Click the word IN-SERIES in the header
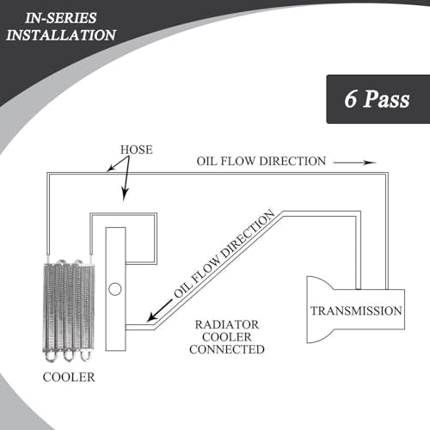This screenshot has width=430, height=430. [61, 18]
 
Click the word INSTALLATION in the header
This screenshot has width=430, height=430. [61, 35]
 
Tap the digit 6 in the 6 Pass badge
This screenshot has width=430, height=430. [350, 99]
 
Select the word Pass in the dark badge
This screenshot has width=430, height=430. [386, 99]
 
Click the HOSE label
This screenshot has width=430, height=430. [137, 150]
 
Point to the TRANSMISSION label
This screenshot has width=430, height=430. [356, 310]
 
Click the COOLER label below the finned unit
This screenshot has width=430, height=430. [69, 377]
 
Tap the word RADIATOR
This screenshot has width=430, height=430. [227, 325]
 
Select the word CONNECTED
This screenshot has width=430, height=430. [227, 349]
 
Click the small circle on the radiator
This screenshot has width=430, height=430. [115, 289]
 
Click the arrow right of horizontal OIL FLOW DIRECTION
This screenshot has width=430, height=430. [355, 163]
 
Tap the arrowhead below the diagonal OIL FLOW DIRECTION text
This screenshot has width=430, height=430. [152, 316]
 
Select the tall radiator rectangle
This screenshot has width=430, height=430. [115, 289]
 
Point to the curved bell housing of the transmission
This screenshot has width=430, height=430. [317, 310]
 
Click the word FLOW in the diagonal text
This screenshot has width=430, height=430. [206, 269]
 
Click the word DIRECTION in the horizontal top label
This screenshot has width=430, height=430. [293, 161]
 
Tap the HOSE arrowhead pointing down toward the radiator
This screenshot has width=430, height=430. [125, 195]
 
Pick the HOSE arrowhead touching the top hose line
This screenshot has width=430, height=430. [111, 169]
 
